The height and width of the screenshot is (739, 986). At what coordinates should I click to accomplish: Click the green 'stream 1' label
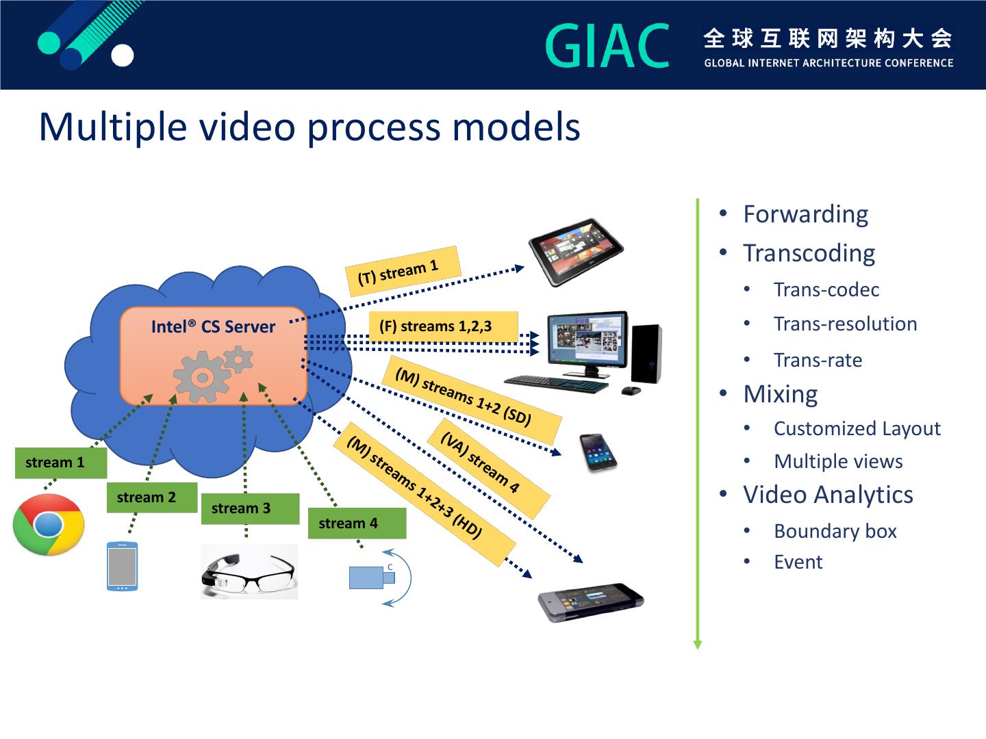[60, 463]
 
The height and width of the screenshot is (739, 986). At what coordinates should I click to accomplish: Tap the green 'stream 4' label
[356, 523]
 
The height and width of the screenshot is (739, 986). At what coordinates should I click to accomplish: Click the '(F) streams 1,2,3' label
[442, 326]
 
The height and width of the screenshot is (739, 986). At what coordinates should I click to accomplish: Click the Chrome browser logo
[49, 525]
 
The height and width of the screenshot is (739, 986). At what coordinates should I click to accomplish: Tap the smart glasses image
[249, 572]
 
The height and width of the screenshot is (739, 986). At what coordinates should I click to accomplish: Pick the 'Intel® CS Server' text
[213, 326]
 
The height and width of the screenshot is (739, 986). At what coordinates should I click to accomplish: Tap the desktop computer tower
[646, 353]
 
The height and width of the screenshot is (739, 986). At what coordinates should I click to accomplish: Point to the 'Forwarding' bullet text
[805, 214]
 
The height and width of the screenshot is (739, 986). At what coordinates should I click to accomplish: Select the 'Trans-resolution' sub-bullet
[845, 324]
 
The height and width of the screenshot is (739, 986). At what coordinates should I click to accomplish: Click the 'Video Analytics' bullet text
[828, 495]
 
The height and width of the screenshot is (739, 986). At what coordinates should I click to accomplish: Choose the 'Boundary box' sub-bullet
[835, 531]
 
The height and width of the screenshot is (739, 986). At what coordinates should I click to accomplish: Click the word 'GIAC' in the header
[607, 46]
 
